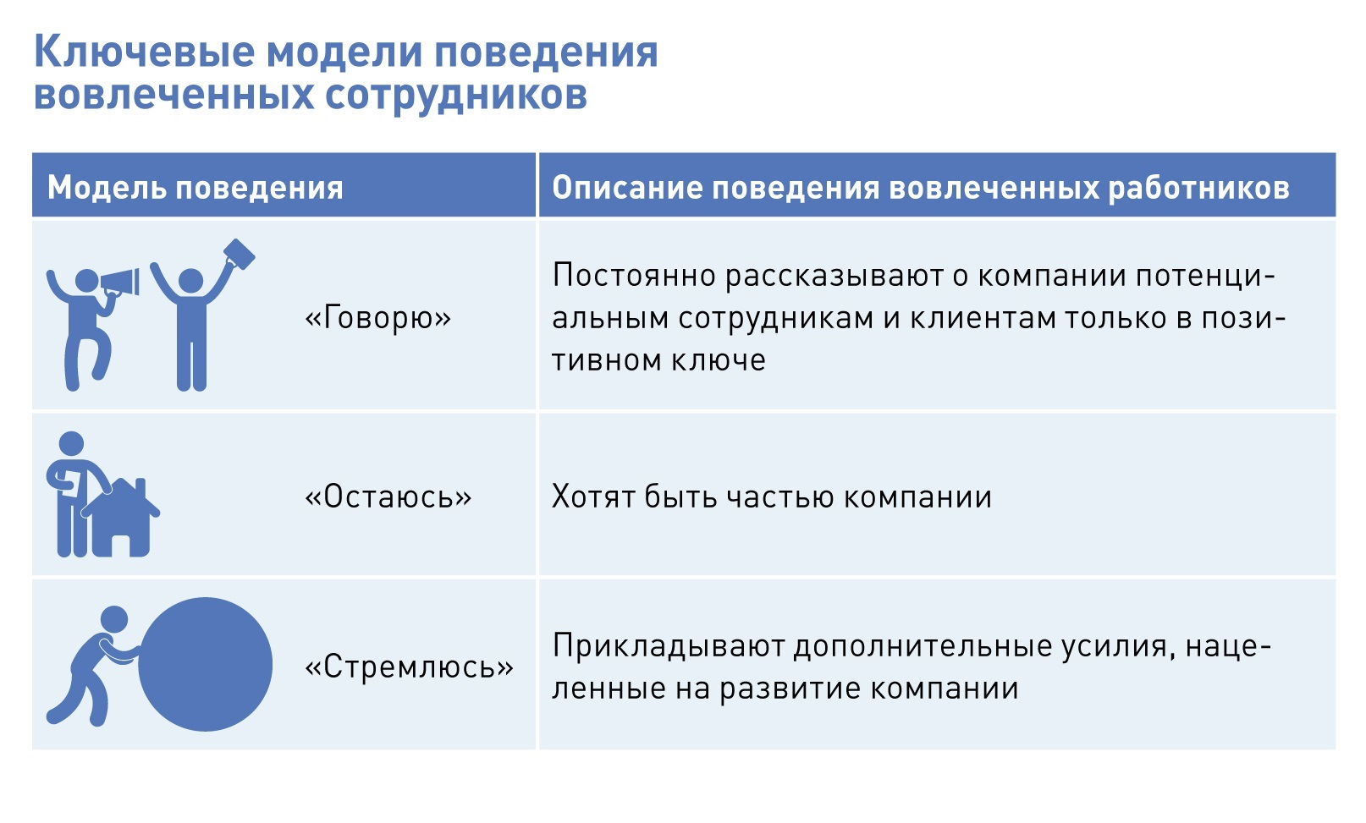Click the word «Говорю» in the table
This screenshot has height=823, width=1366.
click(378, 317)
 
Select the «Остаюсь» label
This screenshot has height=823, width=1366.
click(388, 497)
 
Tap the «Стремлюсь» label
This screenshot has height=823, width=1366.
click(409, 667)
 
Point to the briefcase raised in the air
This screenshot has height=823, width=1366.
click(240, 254)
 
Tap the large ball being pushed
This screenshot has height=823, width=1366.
click(205, 664)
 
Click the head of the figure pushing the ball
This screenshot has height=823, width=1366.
click(114, 619)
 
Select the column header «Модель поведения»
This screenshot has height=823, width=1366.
click(196, 187)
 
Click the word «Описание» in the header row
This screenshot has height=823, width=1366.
click(627, 187)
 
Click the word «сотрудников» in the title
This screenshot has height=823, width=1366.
click(456, 95)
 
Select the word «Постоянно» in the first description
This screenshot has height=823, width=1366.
click(634, 276)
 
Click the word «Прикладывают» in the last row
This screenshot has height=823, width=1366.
click(669, 647)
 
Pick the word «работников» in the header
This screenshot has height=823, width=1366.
click(1199, 187)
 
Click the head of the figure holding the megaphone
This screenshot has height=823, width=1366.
click(86, 281)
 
